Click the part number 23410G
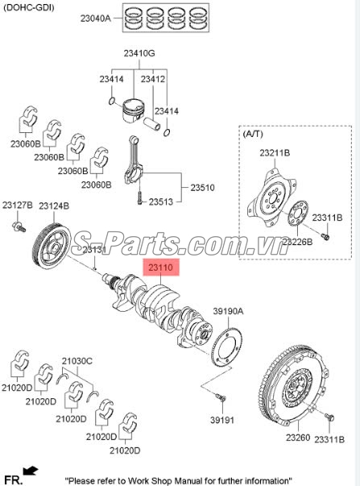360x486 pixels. (x=139, y=53)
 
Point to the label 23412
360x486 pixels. (x=153, y=79)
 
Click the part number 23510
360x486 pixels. (x=202, y=187)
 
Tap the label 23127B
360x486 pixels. (x=17, y=206)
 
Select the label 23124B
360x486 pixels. (x=54, y=206)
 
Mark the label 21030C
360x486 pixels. (x=78, y=360)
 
